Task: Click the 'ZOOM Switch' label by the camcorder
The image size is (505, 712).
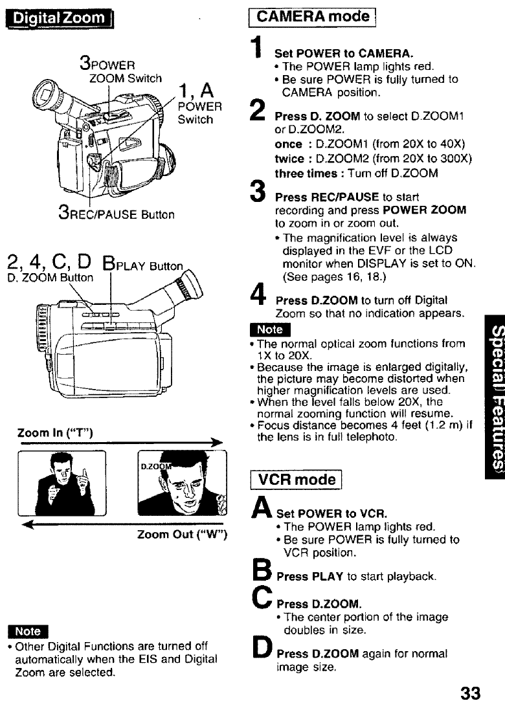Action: coord(126,78)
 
